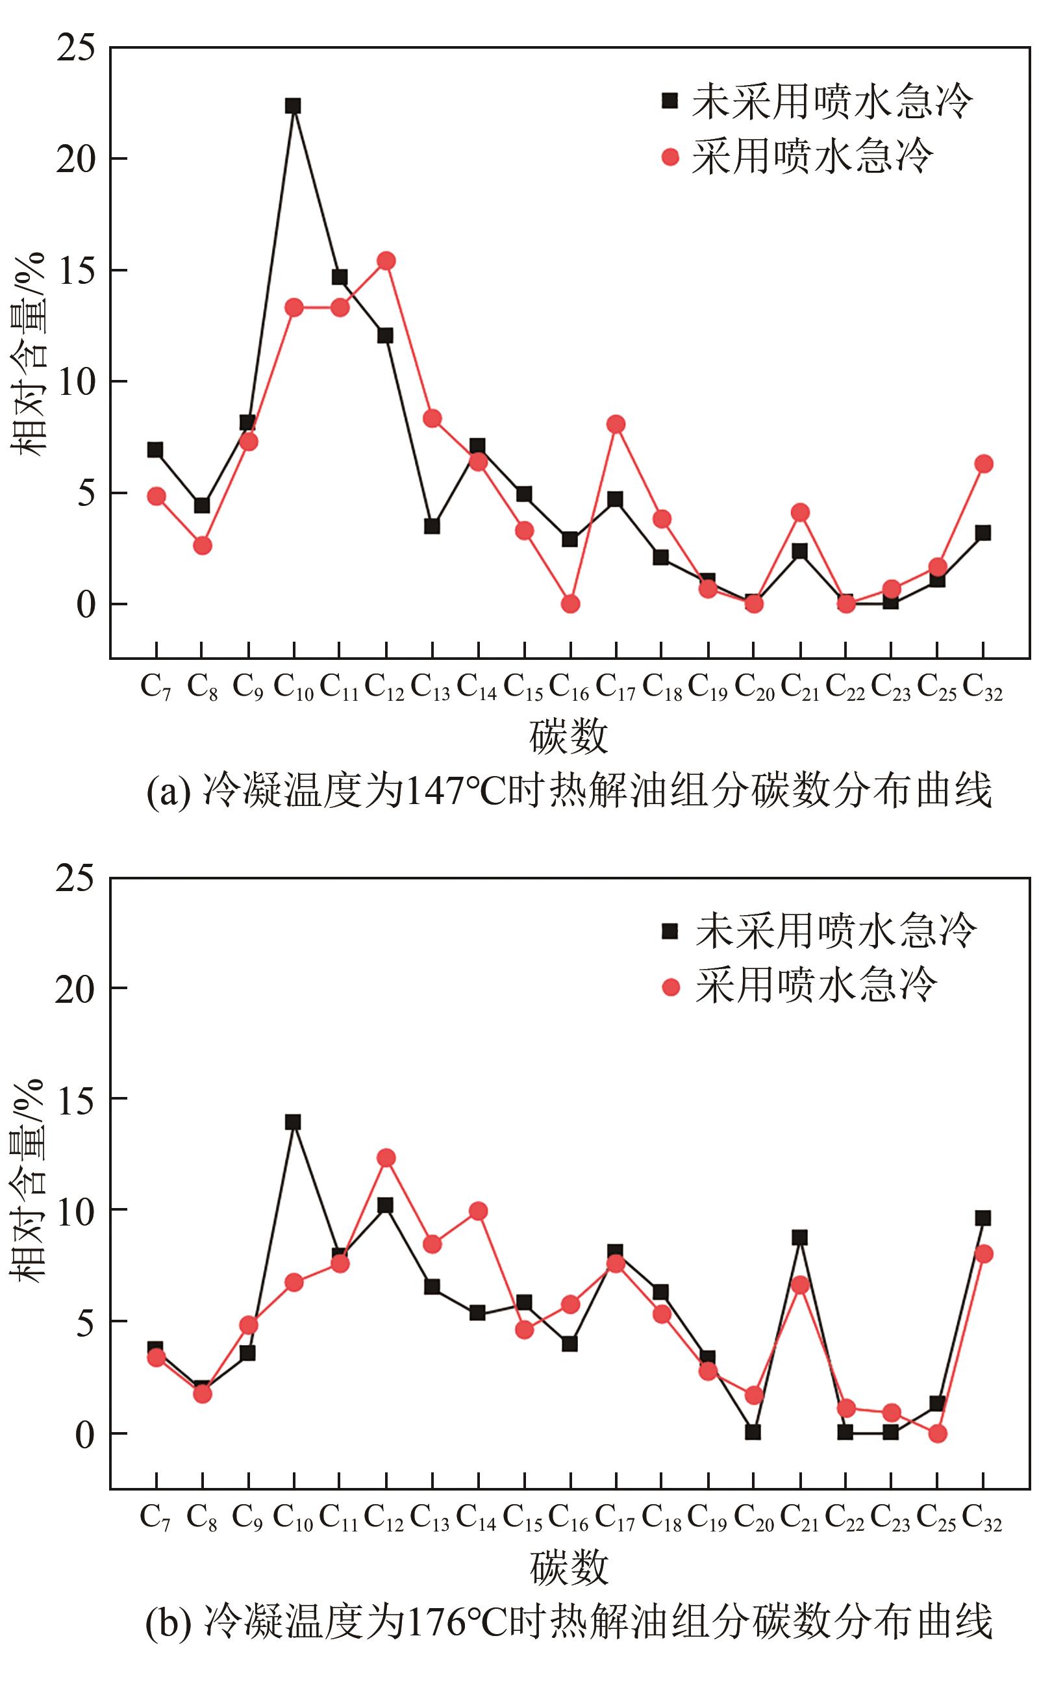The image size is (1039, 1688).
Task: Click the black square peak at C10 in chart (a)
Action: (294, 106)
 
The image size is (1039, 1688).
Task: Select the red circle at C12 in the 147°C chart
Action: (386, 260)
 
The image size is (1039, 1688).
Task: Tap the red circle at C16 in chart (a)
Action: (570, 603)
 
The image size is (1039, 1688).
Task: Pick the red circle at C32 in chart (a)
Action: (983, 464)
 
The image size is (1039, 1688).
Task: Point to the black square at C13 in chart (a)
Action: (432, 527)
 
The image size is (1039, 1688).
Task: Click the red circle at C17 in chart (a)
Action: (616, 424)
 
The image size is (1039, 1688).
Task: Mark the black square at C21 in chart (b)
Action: (799, 1238)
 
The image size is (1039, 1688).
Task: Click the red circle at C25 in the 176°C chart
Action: (938, 1433)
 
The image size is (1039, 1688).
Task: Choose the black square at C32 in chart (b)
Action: (983, 1218)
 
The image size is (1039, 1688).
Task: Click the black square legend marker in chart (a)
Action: (670, 101)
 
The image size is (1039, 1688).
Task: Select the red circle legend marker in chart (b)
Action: (670, 988)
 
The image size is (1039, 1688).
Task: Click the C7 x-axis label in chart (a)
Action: (156, 686)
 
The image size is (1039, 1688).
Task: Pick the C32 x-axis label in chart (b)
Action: (983, 1518)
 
